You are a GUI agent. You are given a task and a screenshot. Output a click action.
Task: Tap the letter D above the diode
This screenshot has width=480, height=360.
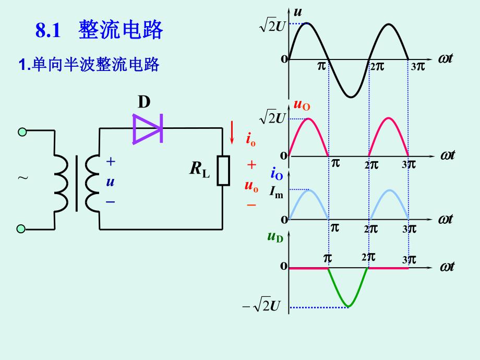144,102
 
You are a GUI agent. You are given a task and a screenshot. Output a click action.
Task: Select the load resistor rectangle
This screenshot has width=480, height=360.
223,170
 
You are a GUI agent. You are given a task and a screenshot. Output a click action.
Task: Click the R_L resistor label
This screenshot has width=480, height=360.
199,170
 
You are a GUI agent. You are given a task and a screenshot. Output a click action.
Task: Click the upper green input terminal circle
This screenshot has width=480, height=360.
21,132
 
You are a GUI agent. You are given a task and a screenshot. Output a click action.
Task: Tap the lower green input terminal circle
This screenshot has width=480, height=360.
21,229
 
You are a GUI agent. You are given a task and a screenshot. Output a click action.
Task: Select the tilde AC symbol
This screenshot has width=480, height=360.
23,178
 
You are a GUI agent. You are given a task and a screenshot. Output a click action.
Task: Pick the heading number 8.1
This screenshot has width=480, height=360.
49,31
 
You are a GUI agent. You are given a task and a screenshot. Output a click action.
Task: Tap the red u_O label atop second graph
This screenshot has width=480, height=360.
302,105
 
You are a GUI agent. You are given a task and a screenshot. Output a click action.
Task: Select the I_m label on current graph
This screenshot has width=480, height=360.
276,193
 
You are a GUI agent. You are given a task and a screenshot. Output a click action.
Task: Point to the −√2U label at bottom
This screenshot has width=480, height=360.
264,307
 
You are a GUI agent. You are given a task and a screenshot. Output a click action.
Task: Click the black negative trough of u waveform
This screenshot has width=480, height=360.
351,95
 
